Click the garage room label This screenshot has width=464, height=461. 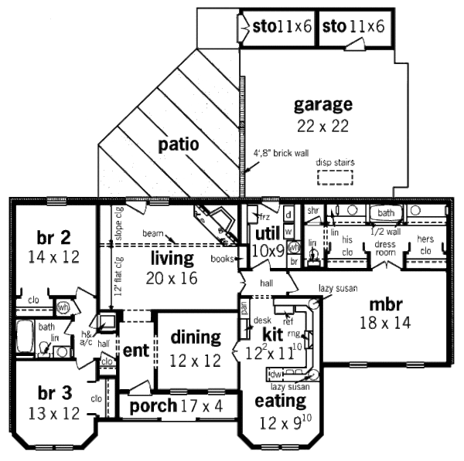click(x=323, y=104)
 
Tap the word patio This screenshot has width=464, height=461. click(x=179, y=144)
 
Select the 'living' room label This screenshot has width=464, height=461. click(x=172, y=256)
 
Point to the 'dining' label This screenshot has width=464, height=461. click(x=196, y=337)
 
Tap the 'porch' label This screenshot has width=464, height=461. click(x=154, y=405)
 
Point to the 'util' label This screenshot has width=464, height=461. click(x=267, y=234)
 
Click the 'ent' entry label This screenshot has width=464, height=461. click(x=135, y=350)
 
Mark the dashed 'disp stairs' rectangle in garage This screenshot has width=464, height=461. click(x=336, y=177)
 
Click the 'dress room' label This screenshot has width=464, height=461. click(x=385, y=248)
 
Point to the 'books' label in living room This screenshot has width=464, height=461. click(x=222, y=259)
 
